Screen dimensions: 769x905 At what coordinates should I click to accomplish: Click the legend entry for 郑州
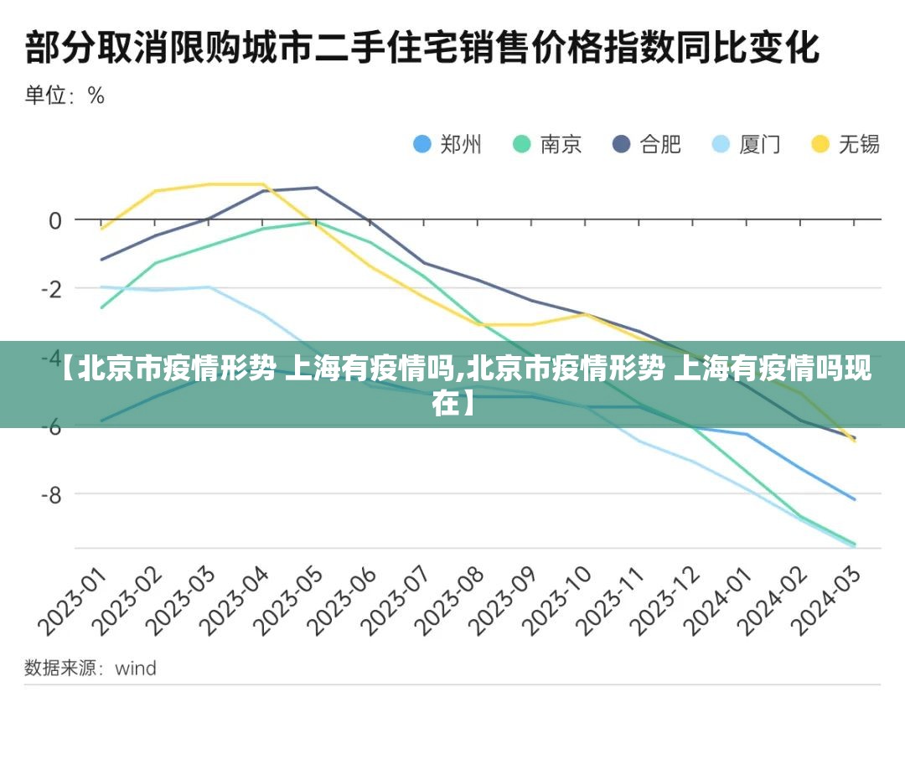tap(447, 144)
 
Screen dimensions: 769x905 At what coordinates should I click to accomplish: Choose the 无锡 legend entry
tap(846, 144)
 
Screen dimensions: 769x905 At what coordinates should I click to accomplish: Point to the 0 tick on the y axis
tap(55, 220)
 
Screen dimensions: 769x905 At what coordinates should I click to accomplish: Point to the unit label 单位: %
tap(65, 95)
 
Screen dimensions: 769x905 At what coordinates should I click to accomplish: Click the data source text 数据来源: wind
tap(90, 668)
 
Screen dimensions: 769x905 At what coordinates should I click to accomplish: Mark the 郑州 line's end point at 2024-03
tap(855, 499)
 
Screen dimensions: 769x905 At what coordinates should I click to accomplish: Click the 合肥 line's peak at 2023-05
tap(317, 188)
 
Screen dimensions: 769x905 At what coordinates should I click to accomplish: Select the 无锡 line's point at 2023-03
tap(209, 184)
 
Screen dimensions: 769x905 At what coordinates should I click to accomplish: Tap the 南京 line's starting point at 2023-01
tap(102, 307)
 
